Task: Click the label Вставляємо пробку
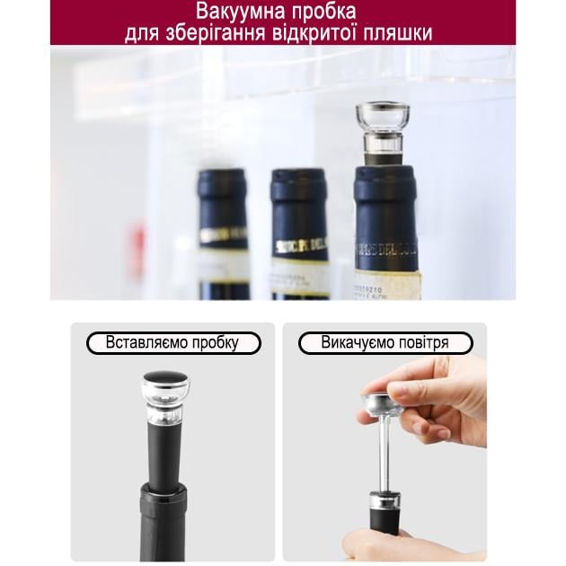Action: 173,343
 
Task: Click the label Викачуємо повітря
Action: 385,343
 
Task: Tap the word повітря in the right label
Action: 430,343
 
